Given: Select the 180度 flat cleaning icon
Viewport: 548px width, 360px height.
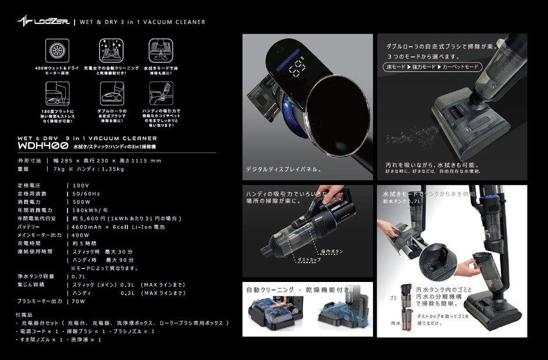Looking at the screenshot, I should (57, 91).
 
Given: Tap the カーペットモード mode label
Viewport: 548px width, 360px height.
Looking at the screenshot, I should (461, 67).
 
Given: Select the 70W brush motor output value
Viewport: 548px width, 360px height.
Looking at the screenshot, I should (78, 301).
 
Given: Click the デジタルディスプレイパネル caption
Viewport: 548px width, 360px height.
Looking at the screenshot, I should (283, 170).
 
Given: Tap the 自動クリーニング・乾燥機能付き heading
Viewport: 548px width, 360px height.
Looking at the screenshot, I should (298, 290).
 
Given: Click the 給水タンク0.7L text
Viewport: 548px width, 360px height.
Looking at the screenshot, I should (402, 200).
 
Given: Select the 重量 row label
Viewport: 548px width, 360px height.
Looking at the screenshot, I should (23, 169).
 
